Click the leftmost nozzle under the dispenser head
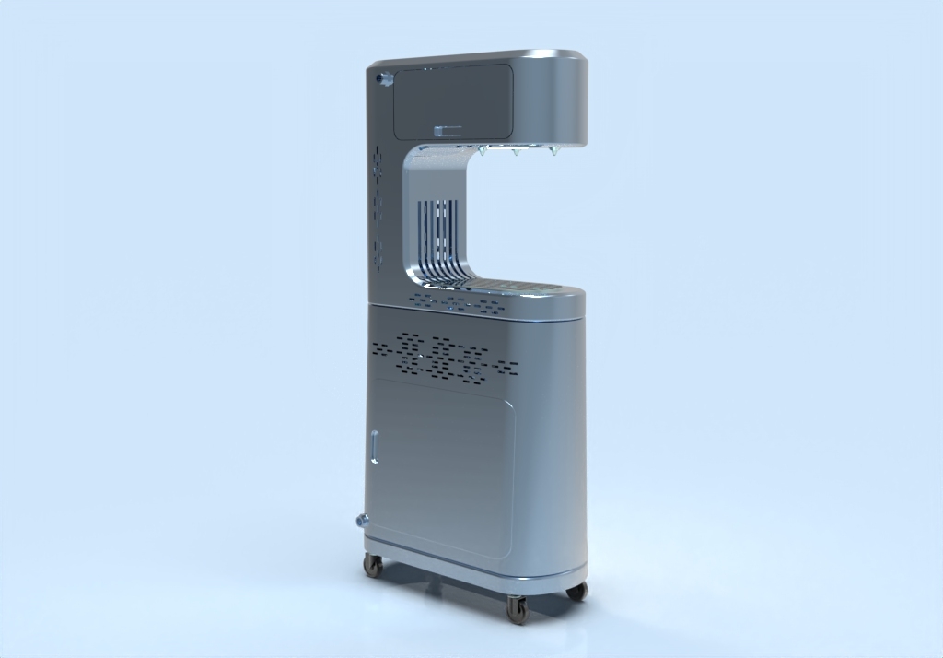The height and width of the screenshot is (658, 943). (x=482, y=150)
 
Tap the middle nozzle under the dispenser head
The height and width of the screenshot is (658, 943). (x=516, y=151)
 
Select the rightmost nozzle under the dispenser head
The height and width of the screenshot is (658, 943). (x=553, y=150)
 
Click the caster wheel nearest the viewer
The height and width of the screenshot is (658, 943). (x=517, y=608)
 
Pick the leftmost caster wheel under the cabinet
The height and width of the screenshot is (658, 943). (x=373, y=565)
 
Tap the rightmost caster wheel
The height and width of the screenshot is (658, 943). (x=577, y=591)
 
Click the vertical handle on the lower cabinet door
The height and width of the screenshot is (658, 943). (x=375, y=446)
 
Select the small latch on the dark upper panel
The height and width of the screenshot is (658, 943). (x=448, y=131)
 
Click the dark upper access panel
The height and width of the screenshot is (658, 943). (x=452, y=100)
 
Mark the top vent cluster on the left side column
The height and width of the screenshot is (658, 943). (x=377, y=162)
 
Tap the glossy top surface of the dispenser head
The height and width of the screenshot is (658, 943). (x=479, y=59)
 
